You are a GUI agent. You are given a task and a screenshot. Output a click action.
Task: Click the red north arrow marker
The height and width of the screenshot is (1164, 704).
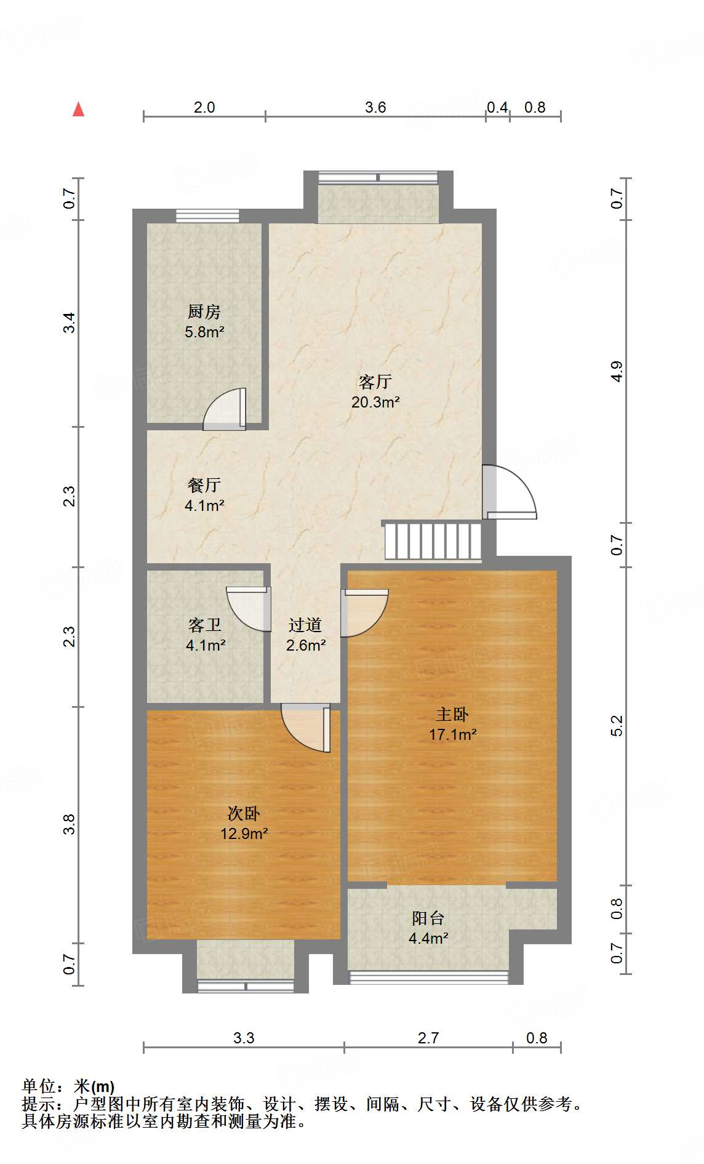coord(78,110)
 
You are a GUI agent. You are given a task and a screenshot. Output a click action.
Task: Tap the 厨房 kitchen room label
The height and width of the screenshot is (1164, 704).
coord(204,311)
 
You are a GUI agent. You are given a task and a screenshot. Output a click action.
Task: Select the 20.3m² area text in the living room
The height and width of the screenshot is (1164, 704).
coord(375,403)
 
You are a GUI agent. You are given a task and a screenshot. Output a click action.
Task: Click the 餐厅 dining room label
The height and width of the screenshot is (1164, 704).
coord(204,485)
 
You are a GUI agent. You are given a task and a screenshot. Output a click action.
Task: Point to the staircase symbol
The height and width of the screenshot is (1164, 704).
coord(433,540)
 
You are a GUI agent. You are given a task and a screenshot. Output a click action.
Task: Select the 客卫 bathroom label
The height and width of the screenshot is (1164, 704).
coord(205,625)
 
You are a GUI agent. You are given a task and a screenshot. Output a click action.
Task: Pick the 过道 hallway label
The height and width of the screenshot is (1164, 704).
coord(305,625)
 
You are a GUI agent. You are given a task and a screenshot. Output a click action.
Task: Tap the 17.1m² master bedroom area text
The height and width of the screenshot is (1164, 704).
coord(453,734)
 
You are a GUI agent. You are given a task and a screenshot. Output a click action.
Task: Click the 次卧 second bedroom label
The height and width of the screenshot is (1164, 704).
coord(244,813)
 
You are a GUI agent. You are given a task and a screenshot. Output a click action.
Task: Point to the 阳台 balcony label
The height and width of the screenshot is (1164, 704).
coord(428,918)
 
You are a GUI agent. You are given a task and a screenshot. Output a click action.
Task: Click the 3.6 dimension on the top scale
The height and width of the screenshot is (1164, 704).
coord(375,107)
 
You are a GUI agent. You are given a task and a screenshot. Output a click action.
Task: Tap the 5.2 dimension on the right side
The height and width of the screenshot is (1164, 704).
coord(617,725)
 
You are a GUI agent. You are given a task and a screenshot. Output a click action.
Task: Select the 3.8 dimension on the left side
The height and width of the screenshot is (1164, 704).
coord(70,824)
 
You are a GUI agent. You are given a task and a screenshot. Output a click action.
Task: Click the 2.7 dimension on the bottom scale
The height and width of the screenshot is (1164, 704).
coord(428,1038)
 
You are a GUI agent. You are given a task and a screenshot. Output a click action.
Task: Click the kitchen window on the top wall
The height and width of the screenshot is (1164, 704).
coord(207,215)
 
